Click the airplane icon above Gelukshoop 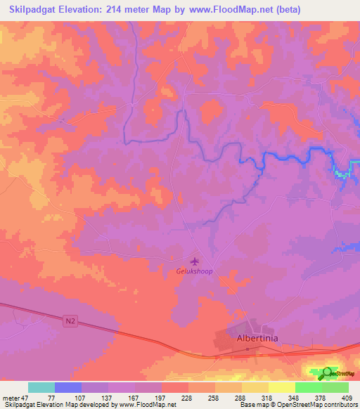[x=195, y=261]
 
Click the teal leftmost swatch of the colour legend [x=41, y=387]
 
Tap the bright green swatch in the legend [x=308, y=387]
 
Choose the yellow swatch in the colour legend [x=281, y=387]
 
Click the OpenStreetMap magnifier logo [x=328, y=373]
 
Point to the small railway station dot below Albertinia [x=257, y=349]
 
